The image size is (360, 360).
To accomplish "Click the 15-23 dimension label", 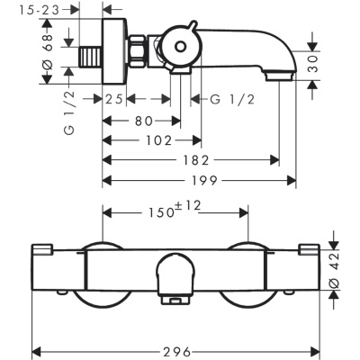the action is click(40, 10).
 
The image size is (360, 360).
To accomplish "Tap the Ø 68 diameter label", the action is click(47, 51).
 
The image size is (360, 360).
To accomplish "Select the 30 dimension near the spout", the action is click(312, 63).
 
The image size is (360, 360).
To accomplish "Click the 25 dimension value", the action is click(114, 99).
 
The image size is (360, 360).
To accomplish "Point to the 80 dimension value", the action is click(143, 121).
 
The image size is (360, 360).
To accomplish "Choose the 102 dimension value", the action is click(158, 140).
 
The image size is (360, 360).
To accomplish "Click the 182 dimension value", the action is click(195, 160).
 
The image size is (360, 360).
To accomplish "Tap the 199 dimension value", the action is click(204, 181).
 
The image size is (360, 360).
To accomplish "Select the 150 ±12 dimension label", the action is click(175, 210).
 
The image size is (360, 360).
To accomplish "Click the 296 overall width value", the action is click(177, 351).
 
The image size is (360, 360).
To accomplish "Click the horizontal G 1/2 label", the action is click(232, 99).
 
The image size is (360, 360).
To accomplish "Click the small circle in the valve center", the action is click(180, 47).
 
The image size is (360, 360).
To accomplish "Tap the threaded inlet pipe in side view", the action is click(91, 57).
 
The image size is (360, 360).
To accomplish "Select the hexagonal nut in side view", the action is click(137, 50).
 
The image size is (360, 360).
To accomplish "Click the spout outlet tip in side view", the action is click(279, 76).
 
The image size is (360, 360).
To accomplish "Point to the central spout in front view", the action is click(176, 278).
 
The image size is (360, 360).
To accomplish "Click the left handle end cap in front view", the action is click(42, 250).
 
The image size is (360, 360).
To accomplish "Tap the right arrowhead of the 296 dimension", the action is click(315, 351).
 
